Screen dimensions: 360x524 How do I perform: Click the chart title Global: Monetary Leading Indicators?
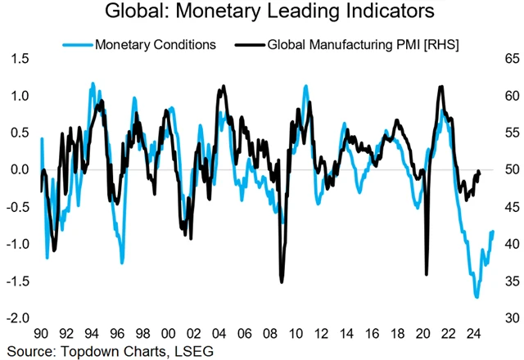click(x=262, y=13)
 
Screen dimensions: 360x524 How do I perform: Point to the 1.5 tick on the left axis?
click(x=20, y=60)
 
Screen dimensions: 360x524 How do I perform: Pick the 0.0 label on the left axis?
click(x=20, y=170)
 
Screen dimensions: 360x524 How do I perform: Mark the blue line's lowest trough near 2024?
click(x=476, y=297)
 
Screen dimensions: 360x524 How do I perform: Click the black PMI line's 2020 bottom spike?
click(x=427, y=274)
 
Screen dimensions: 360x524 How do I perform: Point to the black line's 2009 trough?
click(x=282, y=282)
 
